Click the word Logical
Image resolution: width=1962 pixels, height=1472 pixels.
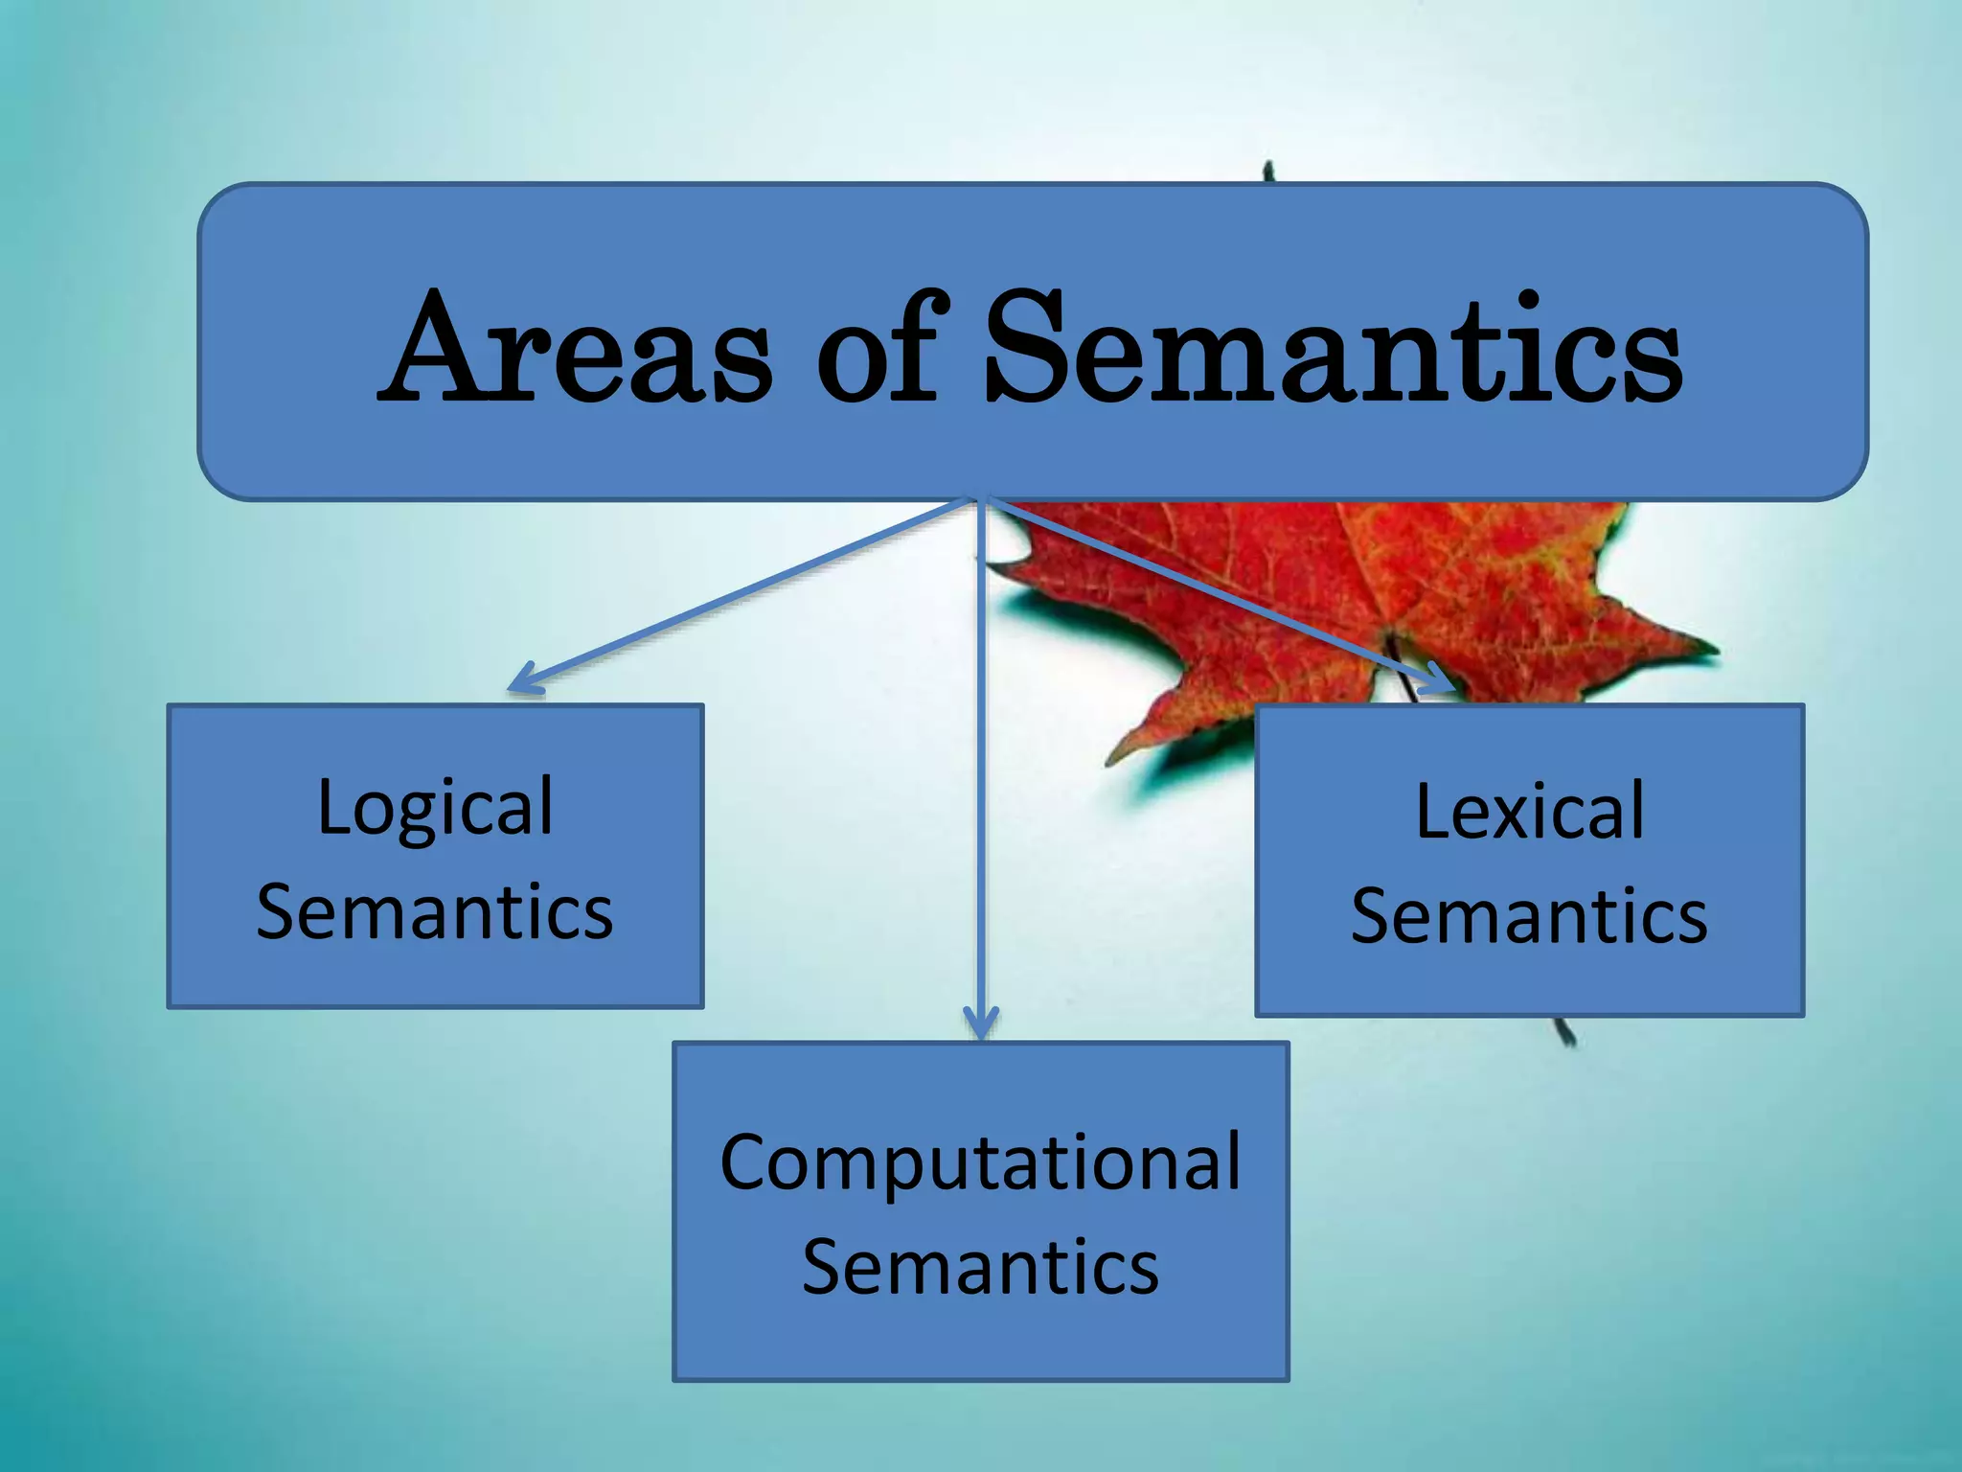tap(435, 807)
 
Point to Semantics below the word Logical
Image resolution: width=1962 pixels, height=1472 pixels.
tap(435, 911)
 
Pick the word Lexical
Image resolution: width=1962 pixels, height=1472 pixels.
tap(1530, 812)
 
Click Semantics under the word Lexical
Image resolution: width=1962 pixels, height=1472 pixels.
tap(1530, 916)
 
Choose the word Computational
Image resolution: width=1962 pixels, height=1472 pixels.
tap(980, 1161)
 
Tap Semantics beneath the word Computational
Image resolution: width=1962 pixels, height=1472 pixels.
tap(980, 1267)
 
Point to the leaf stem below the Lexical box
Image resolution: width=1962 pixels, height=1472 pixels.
tap(1565, 1032)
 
